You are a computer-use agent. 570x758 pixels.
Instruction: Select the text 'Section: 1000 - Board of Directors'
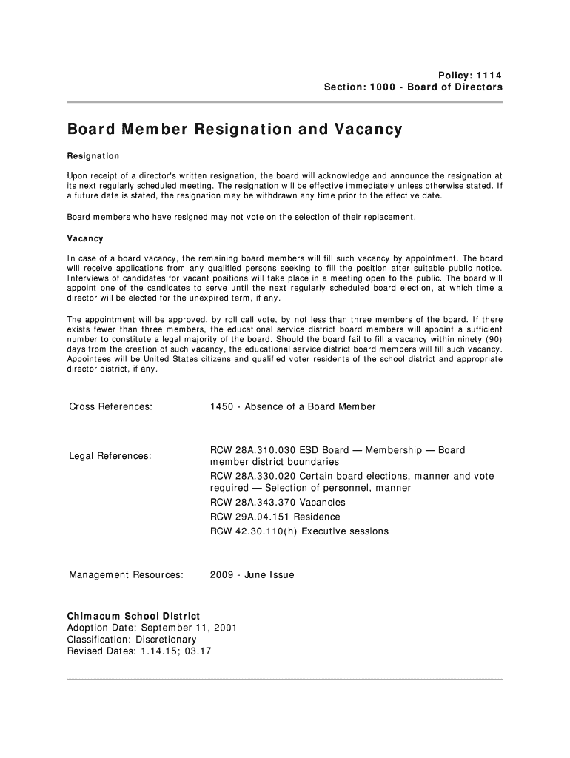[x=413, y=87]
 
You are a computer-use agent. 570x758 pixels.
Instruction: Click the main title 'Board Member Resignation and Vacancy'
[x=235, y=130]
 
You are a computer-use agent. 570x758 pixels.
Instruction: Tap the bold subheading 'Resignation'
[x=93, y=157]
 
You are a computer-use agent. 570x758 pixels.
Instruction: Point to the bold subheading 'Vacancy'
[x=86, y=239]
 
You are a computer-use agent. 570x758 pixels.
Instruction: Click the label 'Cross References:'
[x=111, y=406]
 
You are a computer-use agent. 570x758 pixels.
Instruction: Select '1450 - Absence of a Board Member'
[x=293, y=406]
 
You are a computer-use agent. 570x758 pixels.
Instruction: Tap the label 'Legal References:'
[x=110, y=456]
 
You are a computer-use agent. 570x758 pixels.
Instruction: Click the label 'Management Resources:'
[x=126, y=575]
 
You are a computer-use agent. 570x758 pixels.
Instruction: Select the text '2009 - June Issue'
[x=252, y=575]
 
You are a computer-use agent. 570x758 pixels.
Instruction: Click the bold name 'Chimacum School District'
[x=134, y=616]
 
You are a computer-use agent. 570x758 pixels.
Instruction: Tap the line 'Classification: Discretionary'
[x=133, y=640]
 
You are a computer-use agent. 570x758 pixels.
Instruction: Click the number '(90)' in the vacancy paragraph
[x=491, y=339]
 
